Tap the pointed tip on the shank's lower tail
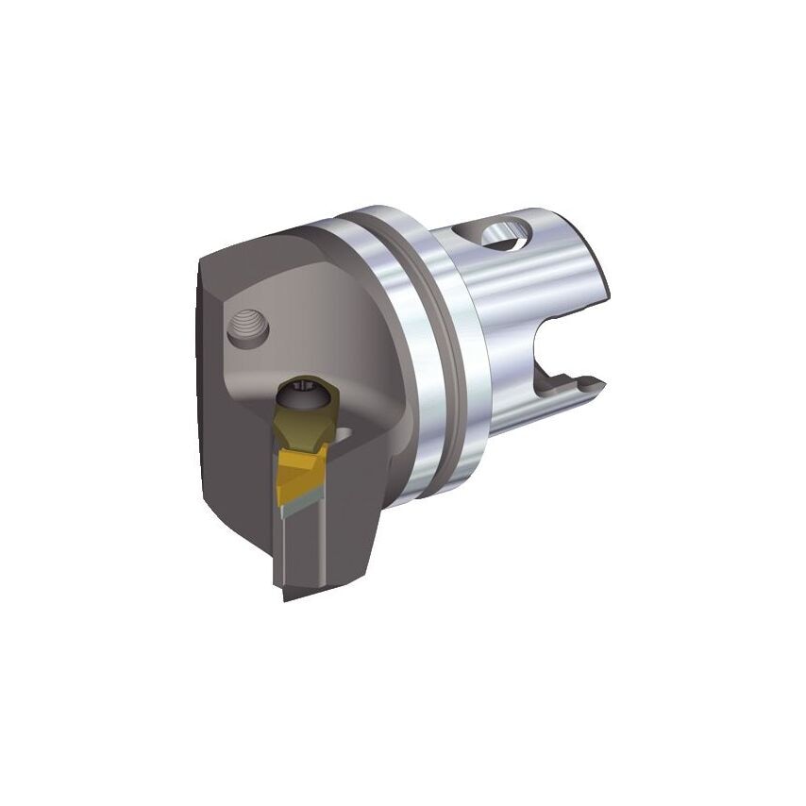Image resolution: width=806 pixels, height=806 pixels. [596, 383]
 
